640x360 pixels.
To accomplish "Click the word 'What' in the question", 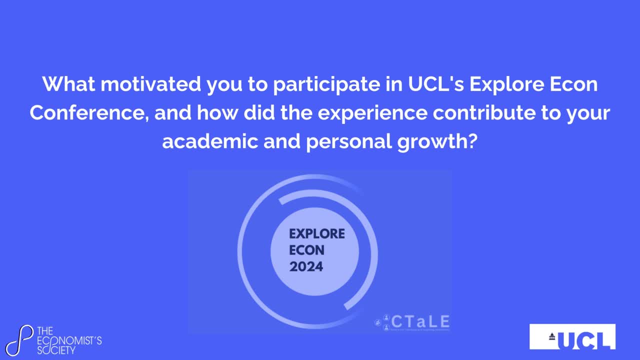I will coord(67,84).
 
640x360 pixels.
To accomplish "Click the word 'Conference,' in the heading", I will coord(88,113).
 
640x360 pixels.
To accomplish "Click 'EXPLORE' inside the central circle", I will coord(317,234).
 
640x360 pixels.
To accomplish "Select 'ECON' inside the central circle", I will coord(306,250).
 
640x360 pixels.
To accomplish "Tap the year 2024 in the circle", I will coord(306,266).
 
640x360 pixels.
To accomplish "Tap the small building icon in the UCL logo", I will coord(552,336).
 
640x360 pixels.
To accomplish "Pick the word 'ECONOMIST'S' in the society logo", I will coord(70,340).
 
